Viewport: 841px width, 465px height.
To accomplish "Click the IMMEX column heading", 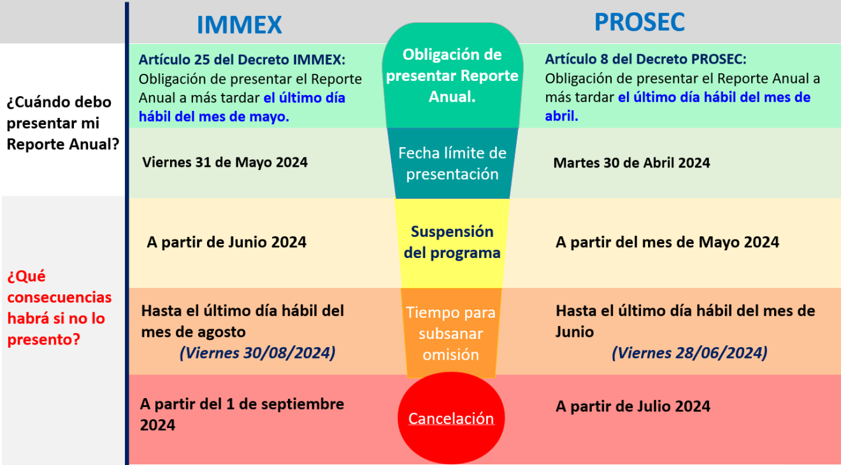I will click(239, 25).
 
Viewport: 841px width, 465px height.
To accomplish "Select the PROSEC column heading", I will click(639, 22).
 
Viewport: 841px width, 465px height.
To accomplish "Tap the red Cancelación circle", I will click(451, 418).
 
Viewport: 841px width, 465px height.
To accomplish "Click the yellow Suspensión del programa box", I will click(452, 242).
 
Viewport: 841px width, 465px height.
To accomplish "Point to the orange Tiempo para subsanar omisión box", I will click(452, 333).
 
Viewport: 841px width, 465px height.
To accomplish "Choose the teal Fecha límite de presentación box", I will click(452, 163).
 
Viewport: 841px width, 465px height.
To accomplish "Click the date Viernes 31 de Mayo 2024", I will click(225, 162).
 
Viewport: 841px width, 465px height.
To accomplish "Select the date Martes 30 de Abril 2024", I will click(631, 162).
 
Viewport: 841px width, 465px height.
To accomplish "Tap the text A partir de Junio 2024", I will click(226, 242).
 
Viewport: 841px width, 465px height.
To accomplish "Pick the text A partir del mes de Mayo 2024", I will click(667, 242).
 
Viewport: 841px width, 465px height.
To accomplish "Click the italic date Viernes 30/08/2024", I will click(257, 353).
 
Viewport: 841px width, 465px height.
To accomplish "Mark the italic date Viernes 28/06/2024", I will click(689, 353).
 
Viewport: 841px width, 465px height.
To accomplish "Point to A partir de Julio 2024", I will click(633, 406).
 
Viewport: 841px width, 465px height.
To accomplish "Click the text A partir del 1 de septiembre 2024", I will click(242, 414).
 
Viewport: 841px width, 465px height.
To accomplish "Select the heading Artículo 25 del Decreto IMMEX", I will click(242, 60).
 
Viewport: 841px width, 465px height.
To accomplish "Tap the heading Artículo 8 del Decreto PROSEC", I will click(645, 59).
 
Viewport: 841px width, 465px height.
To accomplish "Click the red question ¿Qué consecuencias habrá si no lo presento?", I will click(59, 308).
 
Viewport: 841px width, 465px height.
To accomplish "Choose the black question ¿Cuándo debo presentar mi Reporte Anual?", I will click(63, 123).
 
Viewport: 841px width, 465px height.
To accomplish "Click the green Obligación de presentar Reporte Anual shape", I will click(452, 76).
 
